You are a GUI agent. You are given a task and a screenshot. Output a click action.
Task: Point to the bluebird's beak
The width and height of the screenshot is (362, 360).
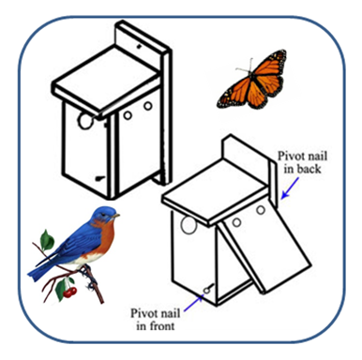pyautogui.click(x=116, y=216)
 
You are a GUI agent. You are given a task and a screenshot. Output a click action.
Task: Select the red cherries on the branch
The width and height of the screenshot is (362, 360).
pyautogui.click(x=69, y=292)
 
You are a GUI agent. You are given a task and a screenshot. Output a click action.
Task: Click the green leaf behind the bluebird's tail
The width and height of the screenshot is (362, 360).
pyautogui.click(x=47, y=240)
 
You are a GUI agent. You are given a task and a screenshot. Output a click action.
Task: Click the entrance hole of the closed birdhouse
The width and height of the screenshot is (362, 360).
pyautogui.click(x=85, y=121)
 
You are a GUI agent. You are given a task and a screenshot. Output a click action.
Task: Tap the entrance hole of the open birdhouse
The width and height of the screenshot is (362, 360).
pyautogui.click(x=189, y=225)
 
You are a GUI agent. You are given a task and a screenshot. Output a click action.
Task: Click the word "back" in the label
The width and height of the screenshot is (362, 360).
pyautogui.click(x=309, y=169)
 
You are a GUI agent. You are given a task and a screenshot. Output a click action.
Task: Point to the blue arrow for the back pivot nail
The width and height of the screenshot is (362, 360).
pyautogui.click(x=290, y=188)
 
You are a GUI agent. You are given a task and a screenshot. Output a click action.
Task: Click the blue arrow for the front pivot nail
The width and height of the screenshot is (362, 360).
pyautogui.click(x=193, y=304)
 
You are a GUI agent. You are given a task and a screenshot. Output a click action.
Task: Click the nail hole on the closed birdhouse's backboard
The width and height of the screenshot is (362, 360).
pyautogui.click(x=139, y=47)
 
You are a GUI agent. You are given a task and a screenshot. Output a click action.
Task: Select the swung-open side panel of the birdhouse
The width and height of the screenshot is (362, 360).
pyautogui.click(x=264, y=246)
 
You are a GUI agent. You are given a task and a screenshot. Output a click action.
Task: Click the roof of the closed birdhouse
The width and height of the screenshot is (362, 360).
pyautogui.click(x=106, y=82)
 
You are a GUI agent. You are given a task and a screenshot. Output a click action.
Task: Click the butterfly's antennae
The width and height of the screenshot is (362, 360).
pyautogui.click(x=245, y=66)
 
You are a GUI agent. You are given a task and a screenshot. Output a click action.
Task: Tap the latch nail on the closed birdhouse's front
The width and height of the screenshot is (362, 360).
pyautogui.click(x=100, y=179)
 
